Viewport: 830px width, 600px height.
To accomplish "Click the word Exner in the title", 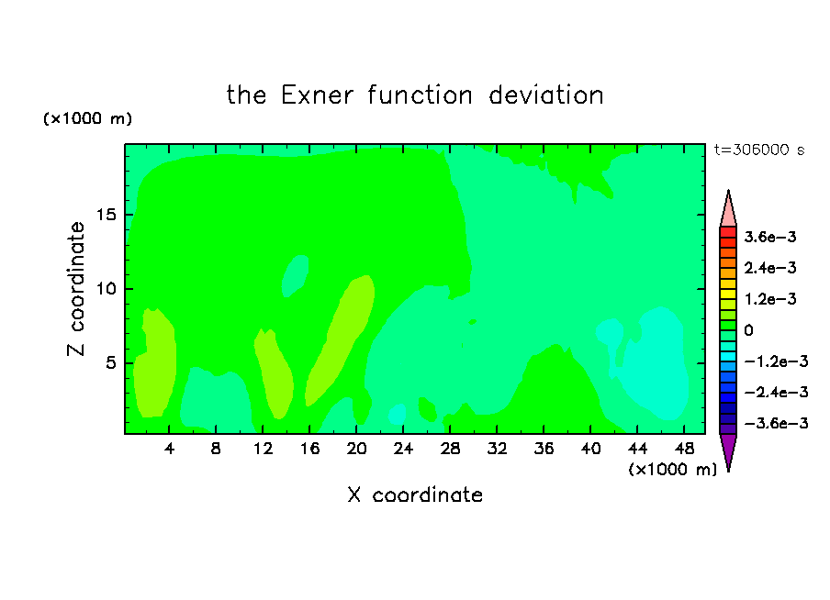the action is coord(317,95).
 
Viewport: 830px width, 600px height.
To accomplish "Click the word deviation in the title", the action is coord(546,95).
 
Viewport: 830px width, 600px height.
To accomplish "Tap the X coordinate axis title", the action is coord(415,494).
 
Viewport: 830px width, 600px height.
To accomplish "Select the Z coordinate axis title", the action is coord(76,289).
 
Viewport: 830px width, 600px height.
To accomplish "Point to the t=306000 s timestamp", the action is coord(759,150).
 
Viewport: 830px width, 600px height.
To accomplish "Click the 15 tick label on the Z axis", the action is coord(107,215).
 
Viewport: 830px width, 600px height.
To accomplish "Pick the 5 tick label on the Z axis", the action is coord(111,363).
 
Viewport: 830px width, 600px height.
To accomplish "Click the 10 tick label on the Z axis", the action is coord(107,289).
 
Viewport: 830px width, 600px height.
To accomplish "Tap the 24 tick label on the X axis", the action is coord(403,449).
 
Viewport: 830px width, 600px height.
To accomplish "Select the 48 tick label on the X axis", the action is coord(684,449).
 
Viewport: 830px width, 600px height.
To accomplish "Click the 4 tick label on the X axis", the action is coord(169,449).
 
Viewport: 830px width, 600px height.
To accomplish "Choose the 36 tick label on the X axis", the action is coord(544,449).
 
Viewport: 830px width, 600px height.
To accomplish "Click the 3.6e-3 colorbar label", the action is coord(770,237).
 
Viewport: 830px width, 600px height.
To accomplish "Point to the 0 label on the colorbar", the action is coord(748,330).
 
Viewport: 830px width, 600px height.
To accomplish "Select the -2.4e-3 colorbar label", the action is coord(776,392).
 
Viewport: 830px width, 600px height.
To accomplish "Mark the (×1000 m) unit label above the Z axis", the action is coord(87,118).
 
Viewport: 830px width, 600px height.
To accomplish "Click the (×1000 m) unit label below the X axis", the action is coord(672,470).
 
